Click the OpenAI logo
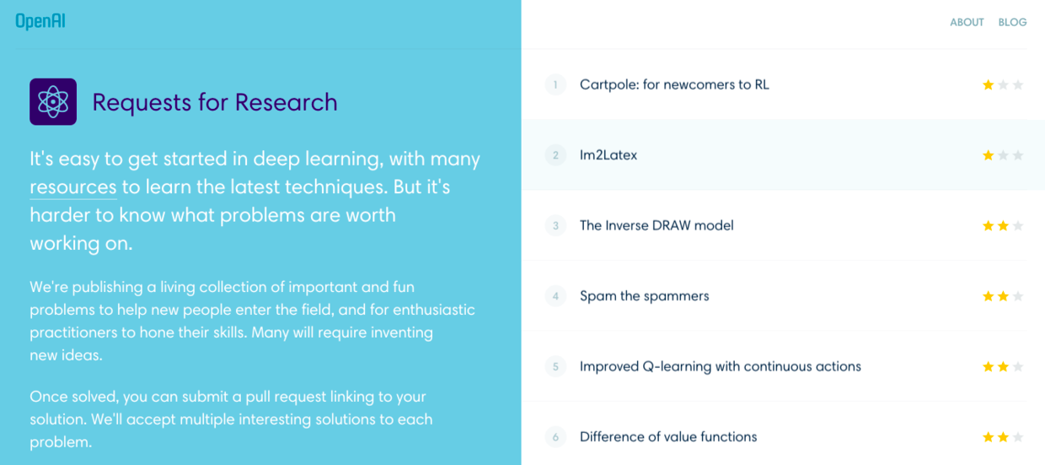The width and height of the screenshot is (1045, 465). point(40,21)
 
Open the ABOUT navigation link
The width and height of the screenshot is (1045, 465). point(967,22)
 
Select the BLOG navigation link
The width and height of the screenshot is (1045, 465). point(1012,22)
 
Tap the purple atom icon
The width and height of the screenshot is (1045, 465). point(53,101)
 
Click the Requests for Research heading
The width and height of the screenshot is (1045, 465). point(215,102)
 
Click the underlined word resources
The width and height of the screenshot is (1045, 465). point(73,187)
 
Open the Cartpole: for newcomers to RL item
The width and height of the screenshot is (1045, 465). point(674,84)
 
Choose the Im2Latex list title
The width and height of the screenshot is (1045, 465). point(608,155)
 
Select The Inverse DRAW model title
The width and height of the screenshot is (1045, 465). point(656,225)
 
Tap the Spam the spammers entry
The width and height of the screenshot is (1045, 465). point(644,296)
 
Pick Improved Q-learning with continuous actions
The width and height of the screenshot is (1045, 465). point(721,366)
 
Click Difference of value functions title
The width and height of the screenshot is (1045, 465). point(668,437)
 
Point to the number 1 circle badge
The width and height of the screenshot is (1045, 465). point(555,84)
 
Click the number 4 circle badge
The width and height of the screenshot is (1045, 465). point(555,296)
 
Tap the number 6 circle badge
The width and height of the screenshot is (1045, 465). point(555,437)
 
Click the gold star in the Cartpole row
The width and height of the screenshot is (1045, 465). point(988,84)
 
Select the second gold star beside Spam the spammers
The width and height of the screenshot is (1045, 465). point(1003,296)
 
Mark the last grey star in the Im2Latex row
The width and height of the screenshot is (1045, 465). point(1018,155)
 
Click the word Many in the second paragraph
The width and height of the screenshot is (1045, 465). point(271,333)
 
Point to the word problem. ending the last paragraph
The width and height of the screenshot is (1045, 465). point(61,442)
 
